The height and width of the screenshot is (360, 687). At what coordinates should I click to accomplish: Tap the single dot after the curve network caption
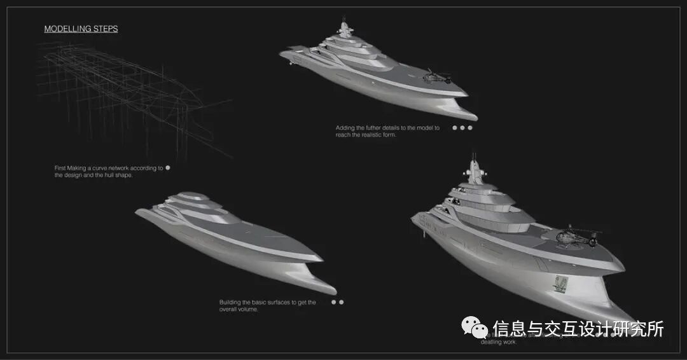click(x=168, y=168)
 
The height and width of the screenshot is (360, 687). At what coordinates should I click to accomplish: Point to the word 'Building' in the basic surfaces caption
click(x=231, y=302)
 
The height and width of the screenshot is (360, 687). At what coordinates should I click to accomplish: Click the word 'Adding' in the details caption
click(x=345, y=128)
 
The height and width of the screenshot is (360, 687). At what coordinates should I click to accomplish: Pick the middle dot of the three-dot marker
click(x=462, y=128)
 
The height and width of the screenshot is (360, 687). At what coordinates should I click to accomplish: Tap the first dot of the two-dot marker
click(x=333, y=302)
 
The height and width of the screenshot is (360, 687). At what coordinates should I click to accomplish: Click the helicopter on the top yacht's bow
click(x=436, y=76)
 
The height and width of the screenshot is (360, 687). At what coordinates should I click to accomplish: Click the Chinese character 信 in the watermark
click(x=501, y=328)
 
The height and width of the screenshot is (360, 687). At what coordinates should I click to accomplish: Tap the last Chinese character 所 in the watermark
click(x=655, y=328)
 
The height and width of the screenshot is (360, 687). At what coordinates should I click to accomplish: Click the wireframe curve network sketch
click(x=127, y=95)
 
